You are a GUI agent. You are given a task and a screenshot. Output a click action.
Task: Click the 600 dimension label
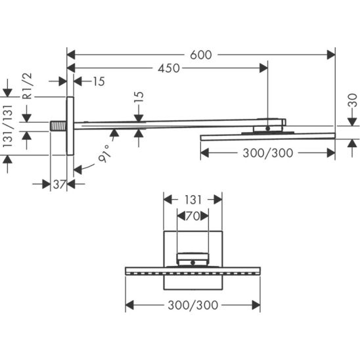[200, 55]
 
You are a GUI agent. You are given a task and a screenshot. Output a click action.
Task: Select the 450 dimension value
[169, 68]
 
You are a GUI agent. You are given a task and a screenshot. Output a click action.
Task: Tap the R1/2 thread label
[28, 86]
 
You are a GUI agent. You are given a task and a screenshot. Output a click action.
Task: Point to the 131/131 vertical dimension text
[8, 126]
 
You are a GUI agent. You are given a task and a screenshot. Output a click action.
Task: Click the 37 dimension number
[60, 184]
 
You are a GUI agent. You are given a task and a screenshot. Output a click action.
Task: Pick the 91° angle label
[104, 154]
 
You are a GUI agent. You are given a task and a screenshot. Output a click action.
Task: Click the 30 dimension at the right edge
[353, 101]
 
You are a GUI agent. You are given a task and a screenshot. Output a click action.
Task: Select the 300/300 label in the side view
[268, 153]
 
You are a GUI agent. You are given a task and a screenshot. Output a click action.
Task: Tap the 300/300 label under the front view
[193, 305]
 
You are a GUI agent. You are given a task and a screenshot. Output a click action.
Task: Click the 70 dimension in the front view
[193, 216]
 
